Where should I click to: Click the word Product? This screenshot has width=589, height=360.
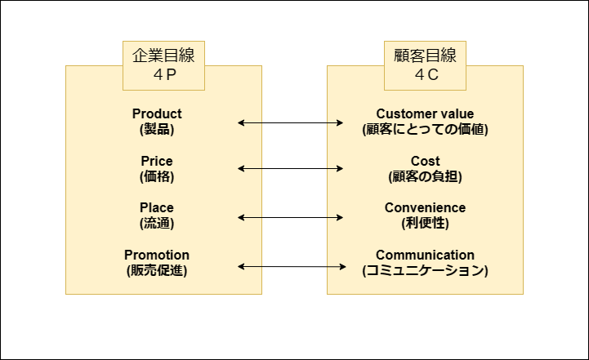tap(157, 113)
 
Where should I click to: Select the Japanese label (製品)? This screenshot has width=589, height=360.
tap(157, 129)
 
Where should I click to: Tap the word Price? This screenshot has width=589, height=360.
tap(157, 161)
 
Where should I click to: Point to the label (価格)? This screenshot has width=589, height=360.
tap(157, 176)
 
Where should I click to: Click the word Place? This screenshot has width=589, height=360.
tap(157, 207)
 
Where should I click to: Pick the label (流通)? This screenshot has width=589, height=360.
tap(157, 223)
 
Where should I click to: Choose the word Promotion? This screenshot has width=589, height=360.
tap(157, 255)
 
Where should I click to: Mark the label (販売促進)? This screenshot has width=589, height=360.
tap(157, 270)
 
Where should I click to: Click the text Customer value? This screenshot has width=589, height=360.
tap(425, 113)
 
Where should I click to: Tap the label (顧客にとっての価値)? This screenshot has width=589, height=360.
tap(425, 129)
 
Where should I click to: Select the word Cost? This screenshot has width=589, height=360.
tap(425, 161)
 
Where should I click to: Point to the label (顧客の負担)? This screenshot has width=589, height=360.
tap(425, 176)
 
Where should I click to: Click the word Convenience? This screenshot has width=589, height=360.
tap(425, 207)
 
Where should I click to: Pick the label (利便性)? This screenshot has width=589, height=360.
tap(425, 223)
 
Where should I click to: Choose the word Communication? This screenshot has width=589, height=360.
tap(425, 255)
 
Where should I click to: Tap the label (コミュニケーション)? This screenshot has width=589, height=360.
tap(425, 270)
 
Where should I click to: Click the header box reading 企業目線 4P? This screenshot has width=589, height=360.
tap(163, 65)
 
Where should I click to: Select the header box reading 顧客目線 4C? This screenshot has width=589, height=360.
tap(425, 65)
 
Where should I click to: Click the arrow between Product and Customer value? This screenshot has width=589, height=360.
tap(291, 123)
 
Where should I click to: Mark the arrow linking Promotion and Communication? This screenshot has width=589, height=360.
tap(291, 266)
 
